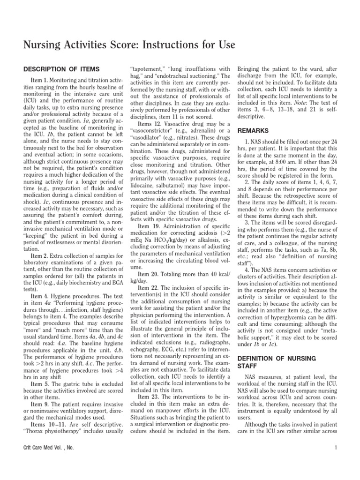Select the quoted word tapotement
coord(147,68)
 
